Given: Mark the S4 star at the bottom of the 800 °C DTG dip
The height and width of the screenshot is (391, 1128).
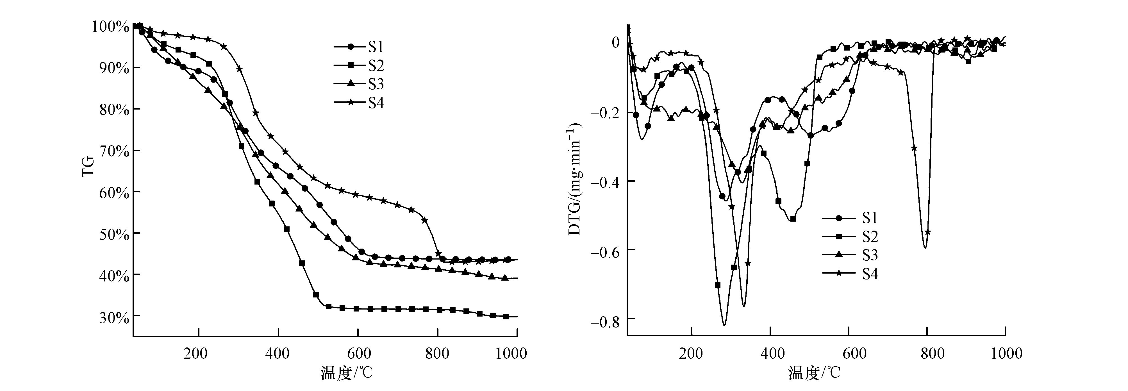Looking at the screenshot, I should (927, 232).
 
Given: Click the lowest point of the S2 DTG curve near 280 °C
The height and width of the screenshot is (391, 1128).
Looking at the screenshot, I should (724, 325).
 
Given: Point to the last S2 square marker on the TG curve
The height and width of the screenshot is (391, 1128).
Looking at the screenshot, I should (506, 316).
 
